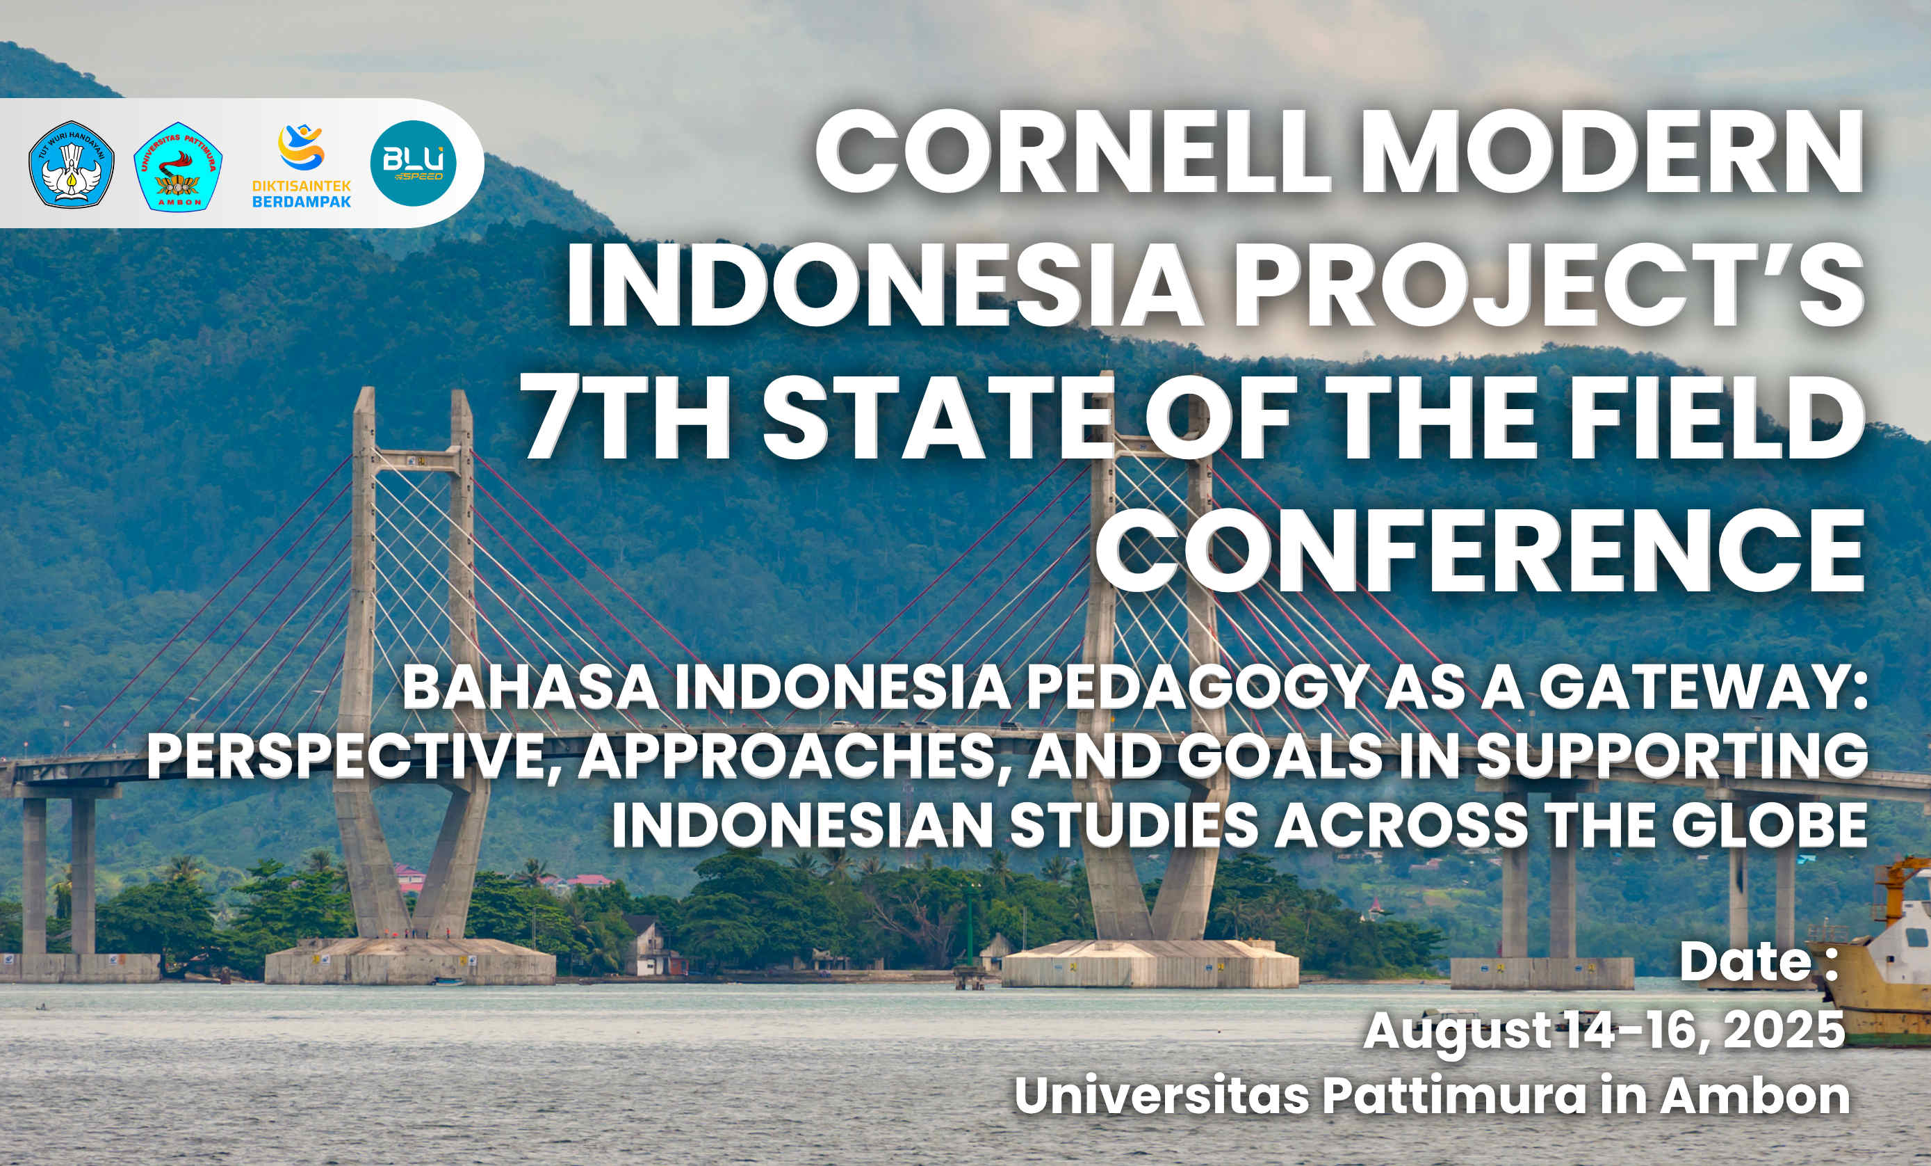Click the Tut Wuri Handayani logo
pyautogui.click(x=72, y=164)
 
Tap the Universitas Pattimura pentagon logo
pyautogui.click(x=178, y=166)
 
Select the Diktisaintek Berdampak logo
pyautogui.click(x=301, y=166)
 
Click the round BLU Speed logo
pyautogui.click(x=413, y=163)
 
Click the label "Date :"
pyautogui.click(x=1759, y=961)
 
